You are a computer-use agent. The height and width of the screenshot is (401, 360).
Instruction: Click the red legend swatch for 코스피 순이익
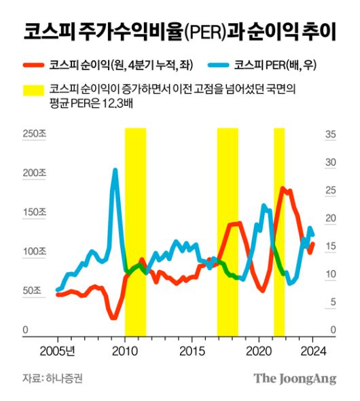point(33,65)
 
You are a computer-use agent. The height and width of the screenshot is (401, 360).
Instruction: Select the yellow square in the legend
point(33,90)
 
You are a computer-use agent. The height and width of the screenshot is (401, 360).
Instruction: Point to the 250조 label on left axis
point(35,134)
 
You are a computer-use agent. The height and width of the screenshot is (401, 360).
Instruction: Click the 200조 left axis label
point(35,173)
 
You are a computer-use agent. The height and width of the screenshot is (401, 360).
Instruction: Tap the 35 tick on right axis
point(331,134)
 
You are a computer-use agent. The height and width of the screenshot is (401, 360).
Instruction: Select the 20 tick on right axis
point(331,218)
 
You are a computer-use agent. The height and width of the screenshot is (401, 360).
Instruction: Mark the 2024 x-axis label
point(314,351)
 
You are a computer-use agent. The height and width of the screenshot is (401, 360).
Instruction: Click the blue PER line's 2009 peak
point(115,170)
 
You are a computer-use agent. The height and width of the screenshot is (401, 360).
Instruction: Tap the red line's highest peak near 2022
point(283,189)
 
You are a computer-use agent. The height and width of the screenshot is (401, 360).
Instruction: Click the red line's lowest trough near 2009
point(113,318)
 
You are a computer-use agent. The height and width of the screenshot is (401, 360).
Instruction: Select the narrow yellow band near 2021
point(278,231)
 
